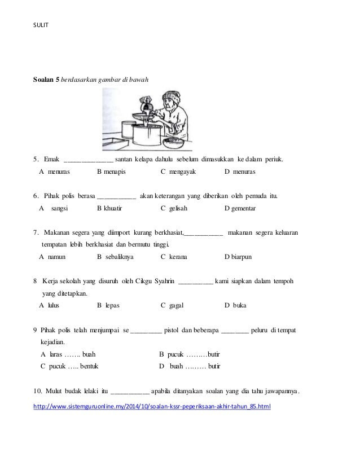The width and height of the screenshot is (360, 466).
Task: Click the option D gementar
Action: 240,208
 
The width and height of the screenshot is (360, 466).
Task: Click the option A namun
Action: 53,256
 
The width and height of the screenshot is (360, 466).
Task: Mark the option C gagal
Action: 174,305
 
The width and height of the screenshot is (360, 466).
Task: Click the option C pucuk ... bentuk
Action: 69,366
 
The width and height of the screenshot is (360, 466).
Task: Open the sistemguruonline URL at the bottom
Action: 152,406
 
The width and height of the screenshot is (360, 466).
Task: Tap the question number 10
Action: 37,392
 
